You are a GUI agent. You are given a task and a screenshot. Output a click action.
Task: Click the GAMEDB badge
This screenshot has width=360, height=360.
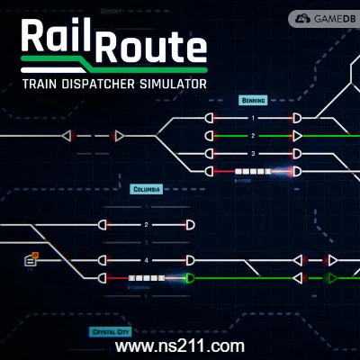tap(323, 18)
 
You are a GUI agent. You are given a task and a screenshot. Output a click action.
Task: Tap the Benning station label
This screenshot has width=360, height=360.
tap(253, 101)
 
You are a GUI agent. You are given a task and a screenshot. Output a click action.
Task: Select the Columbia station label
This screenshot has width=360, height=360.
tap(146, 190)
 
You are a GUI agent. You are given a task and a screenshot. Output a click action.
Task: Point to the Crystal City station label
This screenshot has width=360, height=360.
tap(111, 331)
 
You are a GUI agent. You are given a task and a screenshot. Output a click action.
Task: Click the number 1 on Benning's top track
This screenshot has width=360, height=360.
tap(253, 119)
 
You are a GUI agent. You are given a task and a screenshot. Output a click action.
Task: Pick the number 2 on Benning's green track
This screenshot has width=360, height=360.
tap(253, 136)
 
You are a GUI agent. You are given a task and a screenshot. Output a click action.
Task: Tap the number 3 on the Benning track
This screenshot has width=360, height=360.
tap(253, 153)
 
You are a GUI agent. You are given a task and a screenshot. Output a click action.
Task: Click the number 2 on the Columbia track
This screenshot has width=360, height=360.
tap(146, 225)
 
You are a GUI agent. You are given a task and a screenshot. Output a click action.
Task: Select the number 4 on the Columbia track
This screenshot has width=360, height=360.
tap(146, 260)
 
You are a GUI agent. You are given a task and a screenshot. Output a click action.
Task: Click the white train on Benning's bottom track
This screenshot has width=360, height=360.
tap(252, 171)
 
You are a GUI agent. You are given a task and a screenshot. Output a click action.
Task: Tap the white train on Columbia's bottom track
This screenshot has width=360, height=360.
tap(145, 278)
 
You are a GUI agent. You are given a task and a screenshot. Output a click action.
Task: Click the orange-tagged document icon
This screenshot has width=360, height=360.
tap(31, 260)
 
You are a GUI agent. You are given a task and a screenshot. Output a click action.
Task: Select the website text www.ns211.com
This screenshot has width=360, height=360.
tap(181, 346)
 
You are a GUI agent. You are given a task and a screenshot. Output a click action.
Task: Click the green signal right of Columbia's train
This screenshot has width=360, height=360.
tap(189, 278)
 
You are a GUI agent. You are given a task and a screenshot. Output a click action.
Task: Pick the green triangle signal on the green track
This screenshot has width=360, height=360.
tap(332, 278)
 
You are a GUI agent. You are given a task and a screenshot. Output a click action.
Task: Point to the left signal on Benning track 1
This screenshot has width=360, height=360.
tap(211, 119)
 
